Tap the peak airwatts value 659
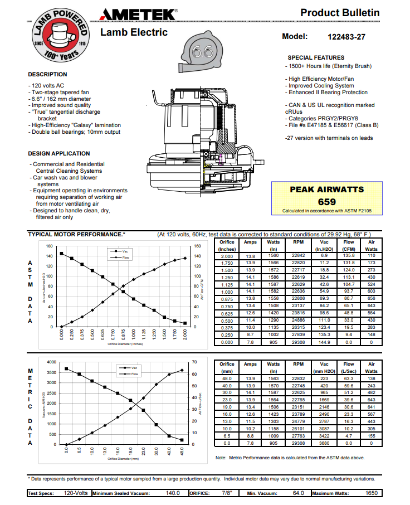pyautogui.click(x=327, y=202)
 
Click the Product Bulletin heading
pyautogui.click(x=340, y=13)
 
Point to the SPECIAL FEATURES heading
pyautogui.click(x=316, y=57)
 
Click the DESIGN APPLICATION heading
pyautogui.click(x=58, y=153)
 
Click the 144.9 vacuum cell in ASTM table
pyautogui.click(x=325, y=342)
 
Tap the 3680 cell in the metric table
pyautogui.click(x=325, y=443)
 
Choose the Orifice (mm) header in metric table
pyautogui.click(x=227, y=367)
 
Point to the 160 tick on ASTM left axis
pyautogui.click(x=49, y=246)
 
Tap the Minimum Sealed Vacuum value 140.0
pyautogui.click(x=173, y=493)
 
